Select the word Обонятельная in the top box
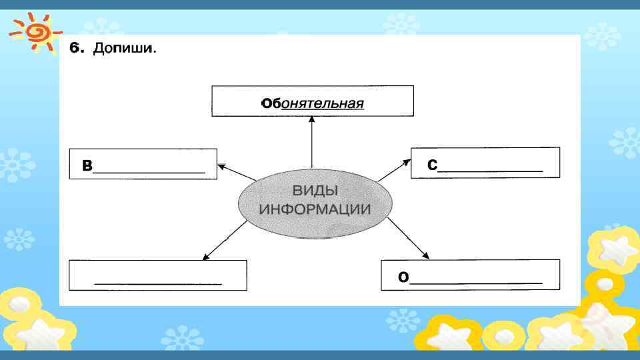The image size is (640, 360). (313, 103)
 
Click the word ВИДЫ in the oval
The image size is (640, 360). (314, 191)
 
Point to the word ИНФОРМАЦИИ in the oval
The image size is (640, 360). (314, 209)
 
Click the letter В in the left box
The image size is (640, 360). (87, 167)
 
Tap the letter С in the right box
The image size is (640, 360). (432, 166)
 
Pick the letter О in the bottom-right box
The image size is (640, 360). (403, 277)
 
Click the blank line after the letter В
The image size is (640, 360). (149, 172)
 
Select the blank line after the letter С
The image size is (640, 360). (491, 171)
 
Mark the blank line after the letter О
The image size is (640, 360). (476, 283)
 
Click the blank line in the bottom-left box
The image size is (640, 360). (158, 283)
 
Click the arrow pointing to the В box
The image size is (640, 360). (237, 172)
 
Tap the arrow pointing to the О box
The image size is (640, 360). (408, 238)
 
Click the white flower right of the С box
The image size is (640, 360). (623, 142)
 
